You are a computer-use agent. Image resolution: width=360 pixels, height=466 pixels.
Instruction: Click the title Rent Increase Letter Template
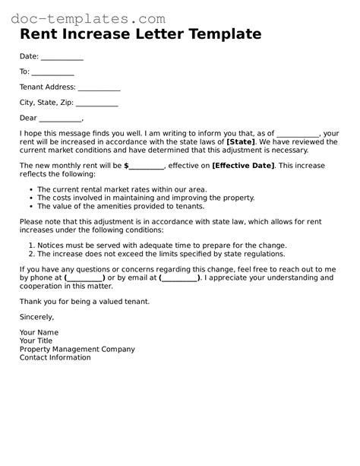tap(141, 35)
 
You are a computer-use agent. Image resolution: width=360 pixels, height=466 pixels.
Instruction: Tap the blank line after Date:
tap(62, 58)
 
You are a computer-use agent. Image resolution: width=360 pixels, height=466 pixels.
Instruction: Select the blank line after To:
tap(53, 73)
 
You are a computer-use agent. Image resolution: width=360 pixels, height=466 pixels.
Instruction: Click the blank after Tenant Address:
tap(99, 88)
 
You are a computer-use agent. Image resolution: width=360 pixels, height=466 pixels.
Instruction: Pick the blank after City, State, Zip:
tap(96, 103)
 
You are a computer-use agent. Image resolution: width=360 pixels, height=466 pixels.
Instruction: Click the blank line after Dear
tap(60, 119)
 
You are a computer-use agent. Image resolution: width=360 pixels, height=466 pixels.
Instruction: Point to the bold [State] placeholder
tap(241, 141)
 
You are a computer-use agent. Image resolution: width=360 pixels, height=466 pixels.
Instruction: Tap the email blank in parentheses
tap(181, 278)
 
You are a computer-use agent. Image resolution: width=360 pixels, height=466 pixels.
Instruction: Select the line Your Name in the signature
tap(39, 333)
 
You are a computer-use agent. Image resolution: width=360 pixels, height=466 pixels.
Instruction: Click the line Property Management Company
tap(77, 350)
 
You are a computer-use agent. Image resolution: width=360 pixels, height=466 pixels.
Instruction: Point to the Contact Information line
tap(55, 357)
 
